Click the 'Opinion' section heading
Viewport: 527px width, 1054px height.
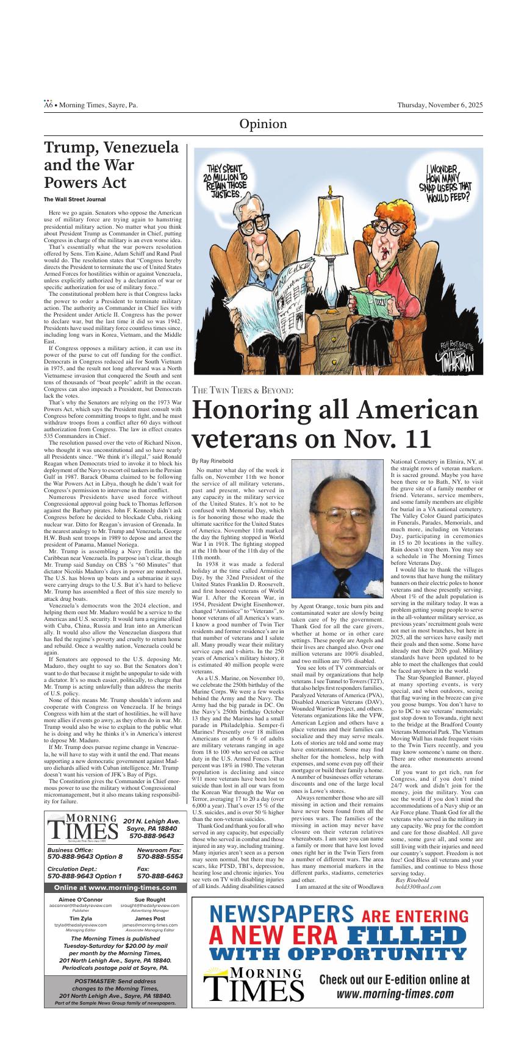(x=263, y=124)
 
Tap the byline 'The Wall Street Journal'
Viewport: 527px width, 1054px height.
(x=74, y=199)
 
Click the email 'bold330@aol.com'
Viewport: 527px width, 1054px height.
(x=418, y=886)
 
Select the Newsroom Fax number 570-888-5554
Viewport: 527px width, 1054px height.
(x=160, y=856)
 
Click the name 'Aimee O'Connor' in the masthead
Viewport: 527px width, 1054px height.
(x=81, y=900)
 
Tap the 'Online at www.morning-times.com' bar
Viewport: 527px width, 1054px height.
(x=115, y=887)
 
